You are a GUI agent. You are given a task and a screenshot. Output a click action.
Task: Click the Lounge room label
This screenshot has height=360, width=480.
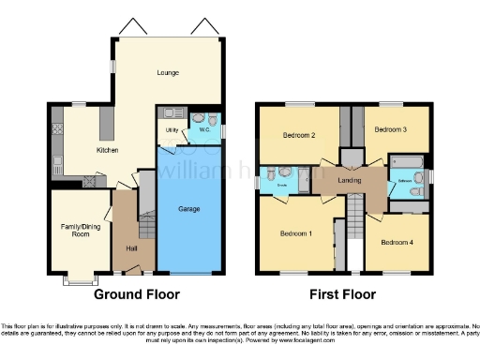pyautogui.click(x=168, y=73)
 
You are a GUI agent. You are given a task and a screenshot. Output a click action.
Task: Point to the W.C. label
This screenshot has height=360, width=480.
pyautogui.click(x=204, y=129)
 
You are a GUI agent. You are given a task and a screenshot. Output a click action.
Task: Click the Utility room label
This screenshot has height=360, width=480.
pyautogui.click(x=172, y=130)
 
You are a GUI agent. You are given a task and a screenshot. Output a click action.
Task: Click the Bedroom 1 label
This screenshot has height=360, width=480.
pyautogui.click(x=295, y=234)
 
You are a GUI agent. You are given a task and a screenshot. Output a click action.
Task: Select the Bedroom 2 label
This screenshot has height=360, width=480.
pyautogui.click(x=297, y=134)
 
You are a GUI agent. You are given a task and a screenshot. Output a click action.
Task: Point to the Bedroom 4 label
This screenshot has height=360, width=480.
pyautogui.click(x=396, y=243)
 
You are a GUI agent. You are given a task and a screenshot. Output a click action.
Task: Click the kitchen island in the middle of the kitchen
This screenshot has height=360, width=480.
pyautogui.click(x=106, y=120)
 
